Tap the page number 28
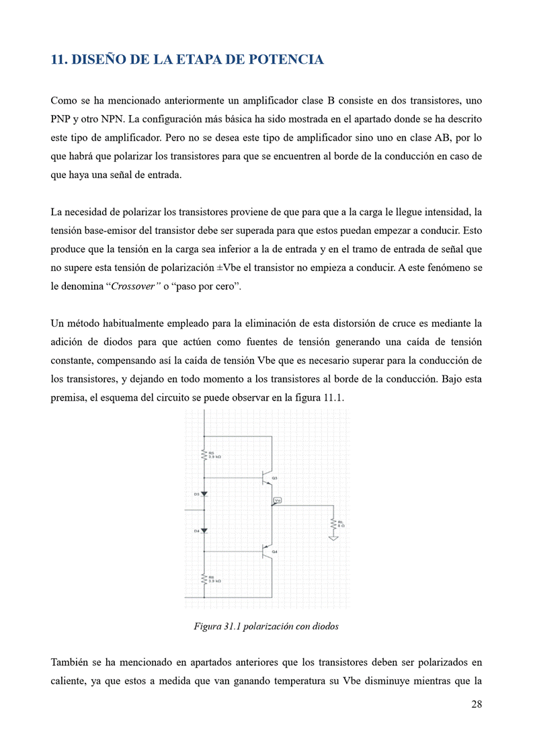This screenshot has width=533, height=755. pos(476,704)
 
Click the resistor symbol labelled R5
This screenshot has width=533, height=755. pos(204,455)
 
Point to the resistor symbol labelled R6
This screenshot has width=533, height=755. pos(204,578)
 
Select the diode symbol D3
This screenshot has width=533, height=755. pos(204,494)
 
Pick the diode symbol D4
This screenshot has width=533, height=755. pos(204,531)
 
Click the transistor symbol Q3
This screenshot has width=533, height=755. pos(267,478)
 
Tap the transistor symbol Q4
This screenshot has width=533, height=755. pos(267,552)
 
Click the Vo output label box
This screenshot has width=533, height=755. pos(278,500)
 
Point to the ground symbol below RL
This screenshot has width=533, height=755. pos(333,537)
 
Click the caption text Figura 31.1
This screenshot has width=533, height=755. pos(216,626)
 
